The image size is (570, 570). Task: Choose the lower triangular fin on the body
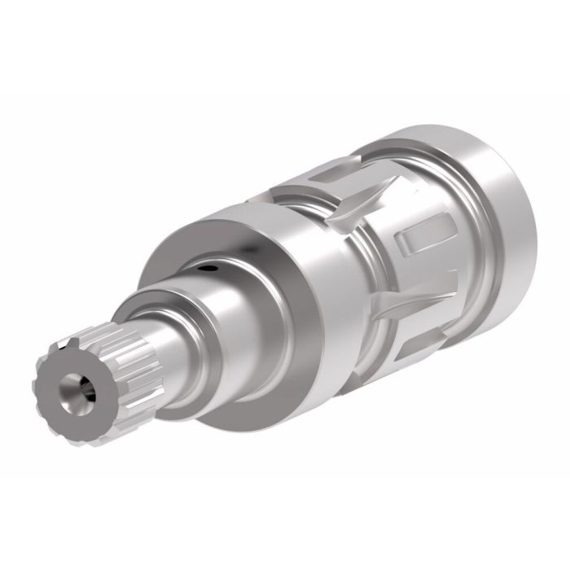pos(407,305)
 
